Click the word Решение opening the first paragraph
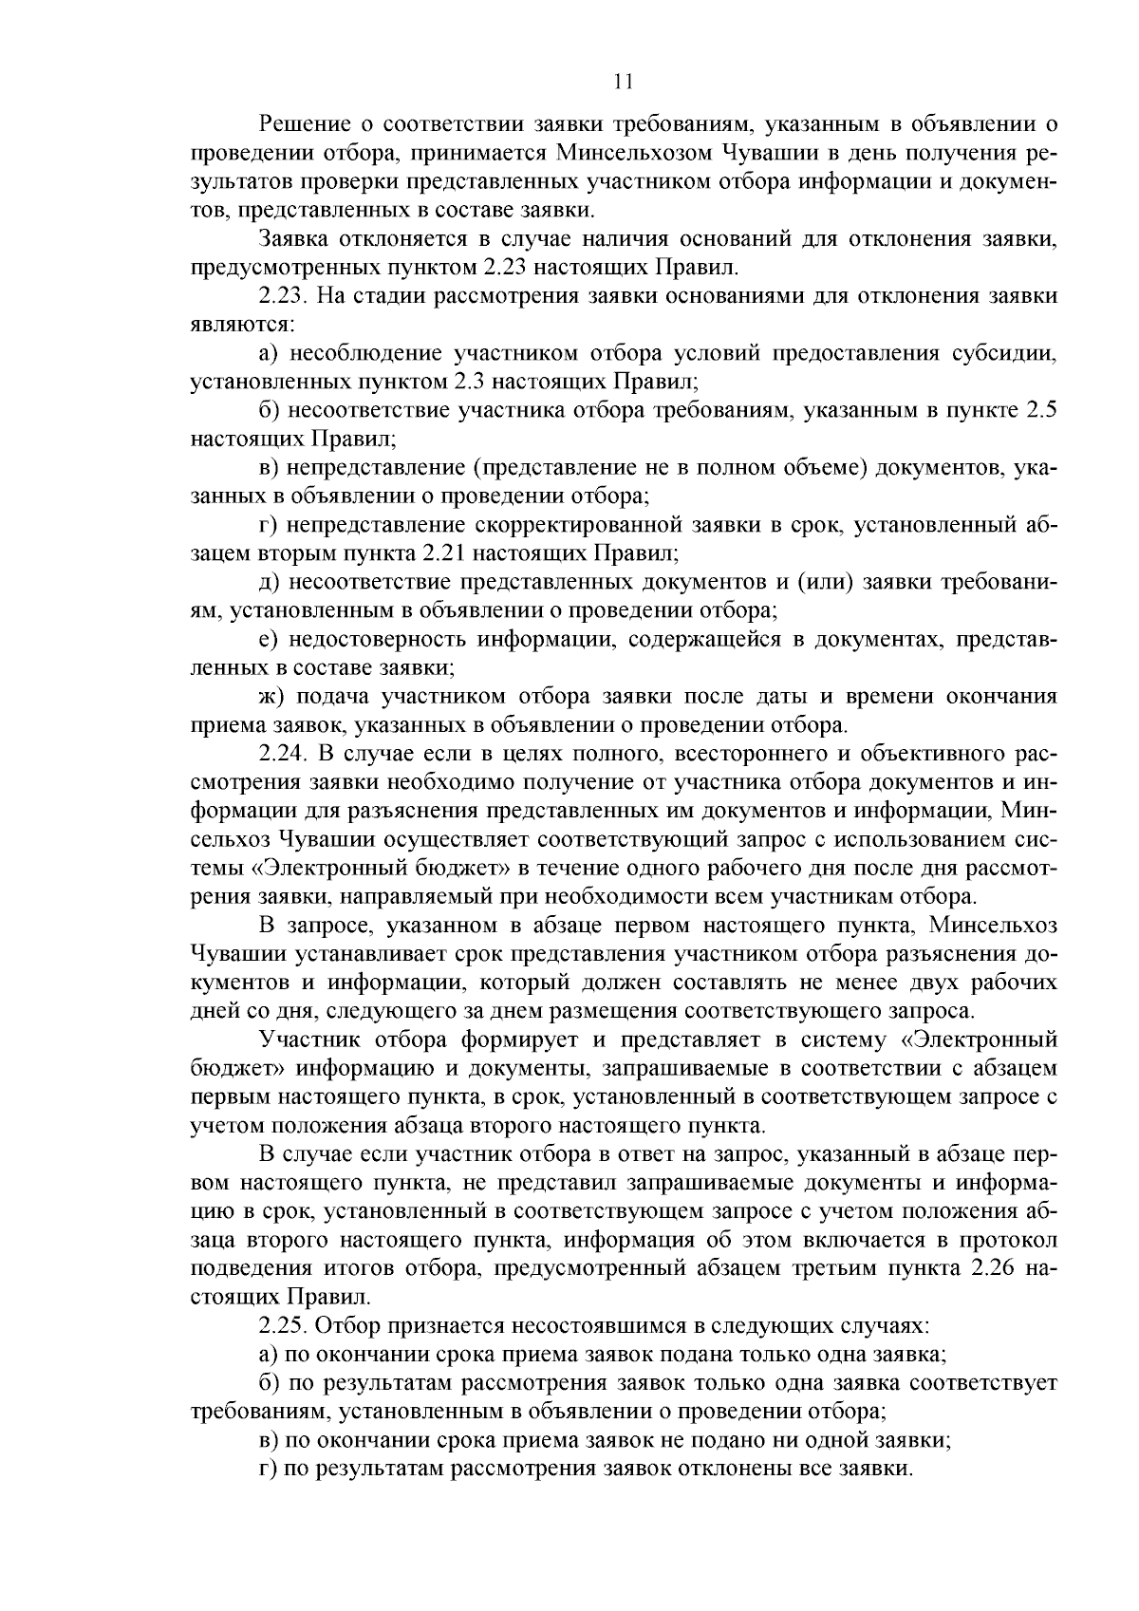click(x=302, y=124)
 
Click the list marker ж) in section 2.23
click(x=271, y=696)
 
